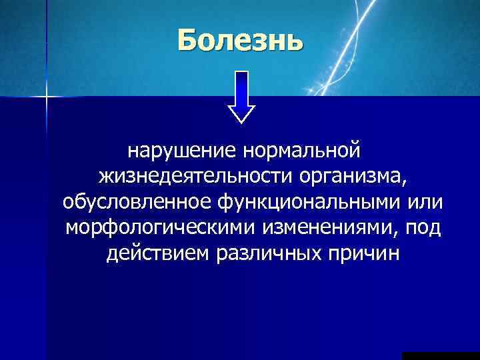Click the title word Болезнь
click(x=240, y=41)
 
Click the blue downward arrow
click(x=241, y=93)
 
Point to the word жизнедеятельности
click(x=197, y=177)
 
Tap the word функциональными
click(x=304, y=202)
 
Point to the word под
click(x=427, y=228)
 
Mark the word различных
click(x=269, y=254)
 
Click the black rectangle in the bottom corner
click(x=441, y=355)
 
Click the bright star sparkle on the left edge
click(x=47, y=99)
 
